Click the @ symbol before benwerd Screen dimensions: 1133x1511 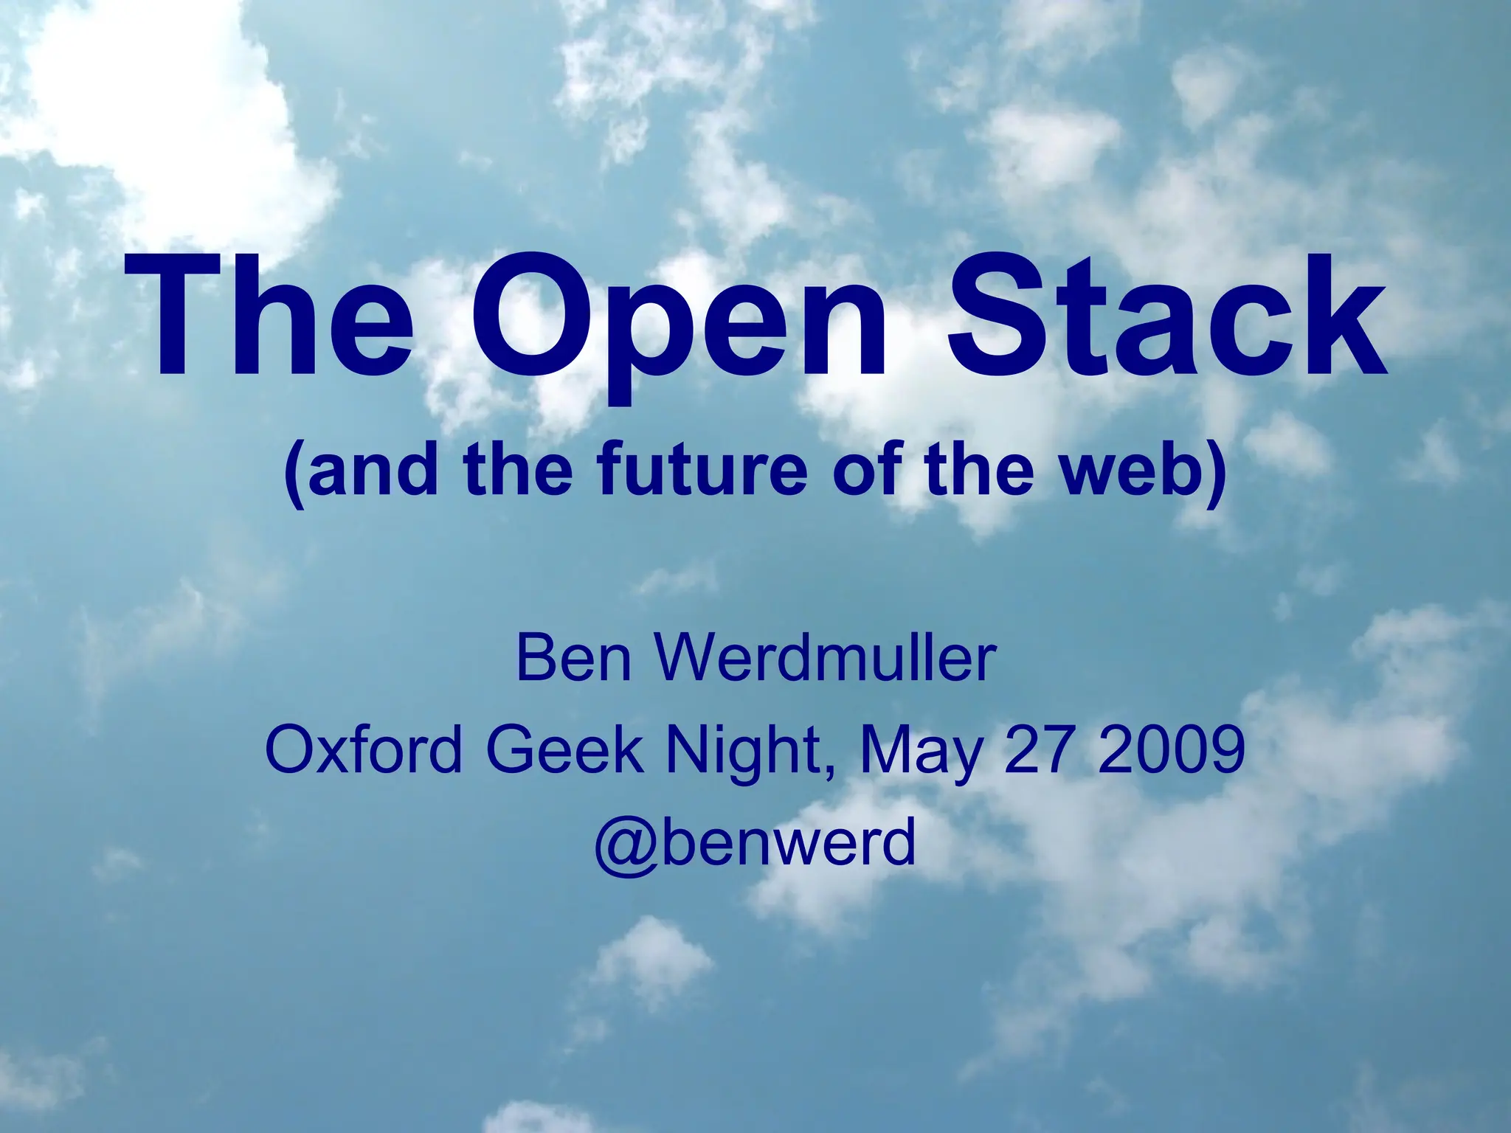coord(626,845)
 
